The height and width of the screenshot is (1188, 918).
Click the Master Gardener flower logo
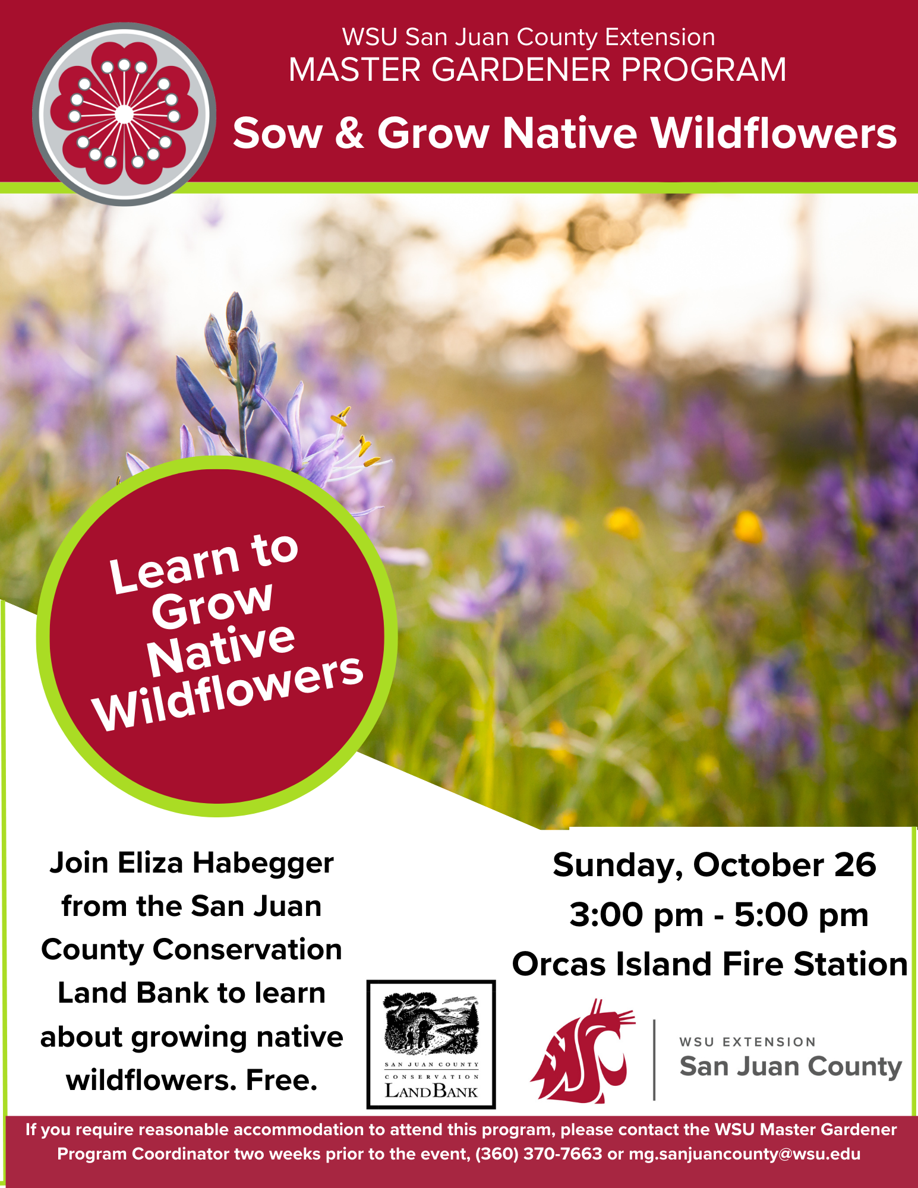124,114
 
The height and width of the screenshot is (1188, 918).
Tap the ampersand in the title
349,133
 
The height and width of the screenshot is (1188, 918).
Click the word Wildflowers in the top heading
774,132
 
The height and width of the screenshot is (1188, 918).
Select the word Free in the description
281,1080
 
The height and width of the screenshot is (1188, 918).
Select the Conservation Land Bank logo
431,1044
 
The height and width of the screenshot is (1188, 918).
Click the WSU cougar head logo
582,1051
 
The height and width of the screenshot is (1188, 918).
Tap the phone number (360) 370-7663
539,1154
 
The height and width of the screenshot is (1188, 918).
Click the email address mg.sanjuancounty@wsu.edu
745,1154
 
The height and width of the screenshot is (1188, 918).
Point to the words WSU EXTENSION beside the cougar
747,1042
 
